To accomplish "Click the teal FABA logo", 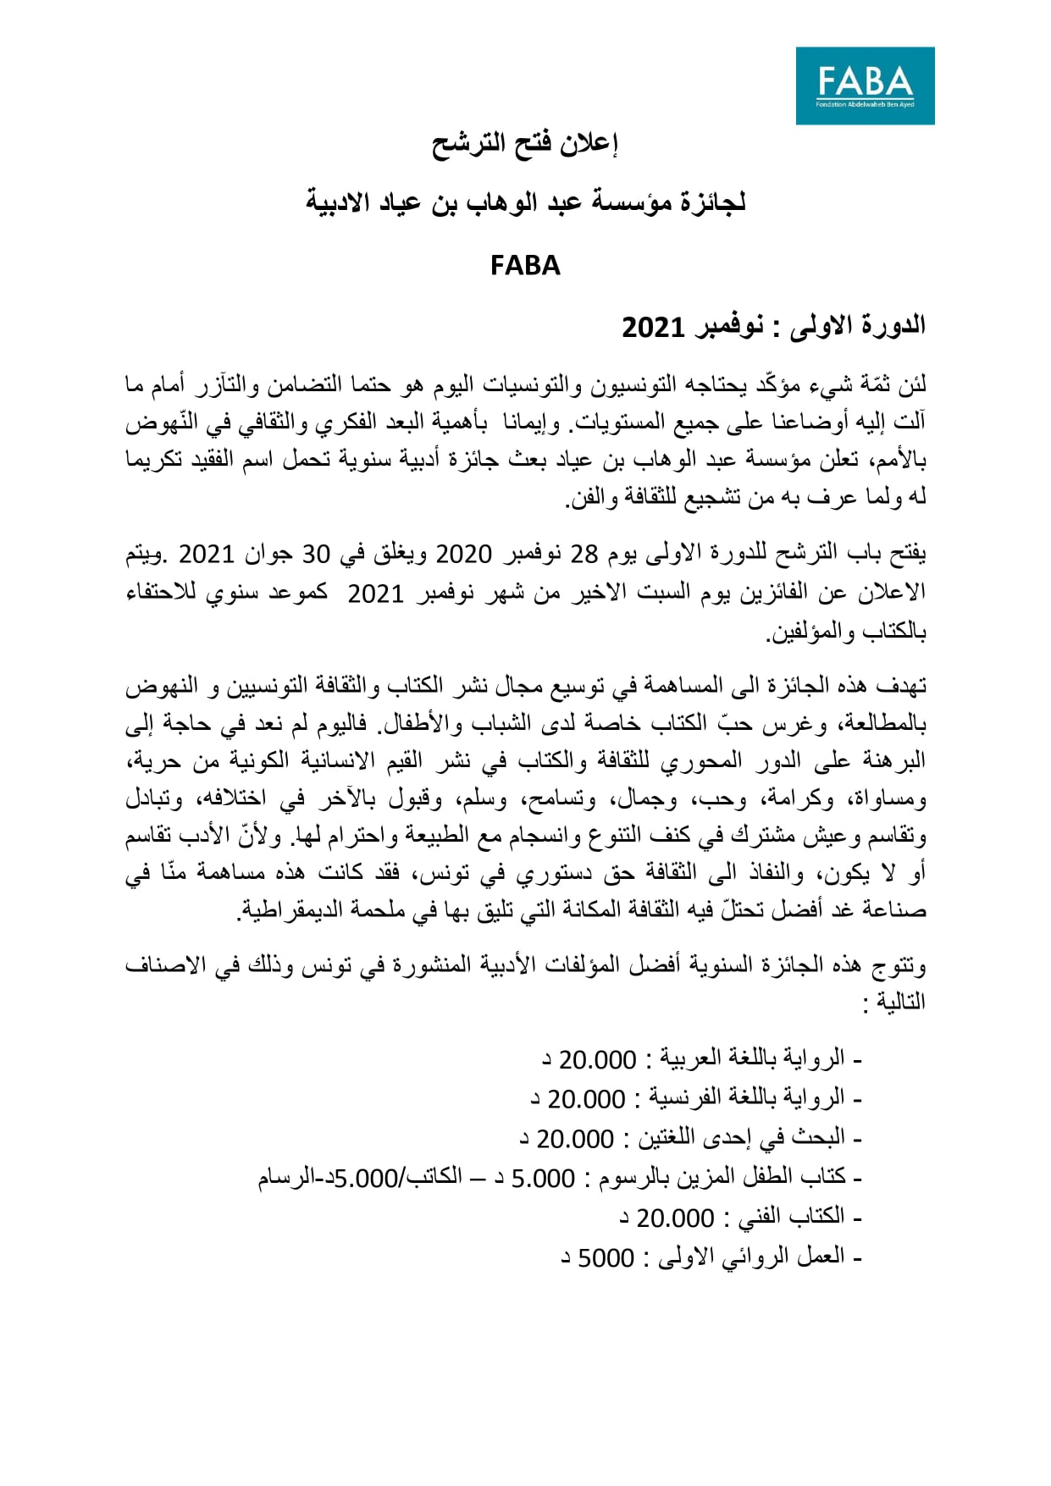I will (x=865, y=86).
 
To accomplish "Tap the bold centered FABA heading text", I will (x=525, y=266).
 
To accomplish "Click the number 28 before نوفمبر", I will (x=584, y=554).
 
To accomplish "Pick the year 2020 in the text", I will (x=463, y=554).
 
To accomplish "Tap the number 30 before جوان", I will (x=316, y=554).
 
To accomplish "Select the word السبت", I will (x=644, y=593).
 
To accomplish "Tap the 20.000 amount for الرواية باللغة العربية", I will (x=598, y=1060).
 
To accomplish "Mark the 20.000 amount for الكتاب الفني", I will (x=675, y=1218).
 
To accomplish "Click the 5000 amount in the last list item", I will (x=606, y=1258).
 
